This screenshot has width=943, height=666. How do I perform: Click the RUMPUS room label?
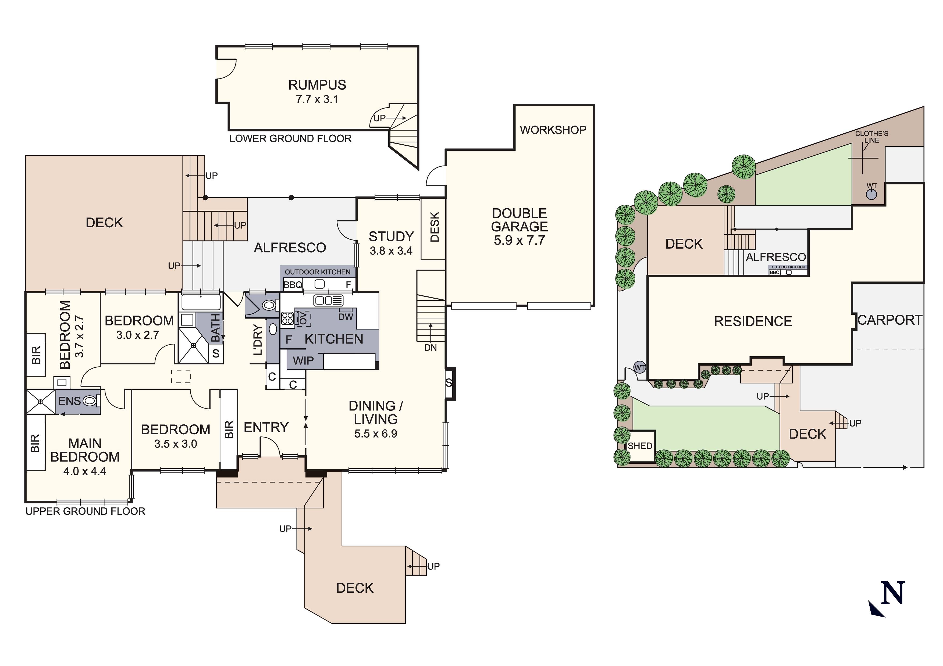(317, 85)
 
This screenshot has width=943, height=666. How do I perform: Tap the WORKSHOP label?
(553, 130)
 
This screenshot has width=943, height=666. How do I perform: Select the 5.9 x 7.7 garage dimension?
(519, 240)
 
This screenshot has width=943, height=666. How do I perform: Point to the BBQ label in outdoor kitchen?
(293, 285)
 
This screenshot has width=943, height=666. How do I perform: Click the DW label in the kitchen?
(346, 317)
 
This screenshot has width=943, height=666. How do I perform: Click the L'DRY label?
(258, 339)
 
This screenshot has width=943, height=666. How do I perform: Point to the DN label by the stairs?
(430, 348)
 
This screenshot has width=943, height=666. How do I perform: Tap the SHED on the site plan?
(640, 446)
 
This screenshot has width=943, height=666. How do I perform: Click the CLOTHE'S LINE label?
(871, 137)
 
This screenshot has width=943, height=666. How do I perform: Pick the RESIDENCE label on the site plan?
(753, 321)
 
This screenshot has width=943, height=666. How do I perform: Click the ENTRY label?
(266, 427)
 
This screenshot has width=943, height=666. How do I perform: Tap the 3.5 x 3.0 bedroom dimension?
(176, 444)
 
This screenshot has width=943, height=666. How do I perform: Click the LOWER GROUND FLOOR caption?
(290, 139)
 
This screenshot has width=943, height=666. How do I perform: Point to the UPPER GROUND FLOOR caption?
(86, 511)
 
